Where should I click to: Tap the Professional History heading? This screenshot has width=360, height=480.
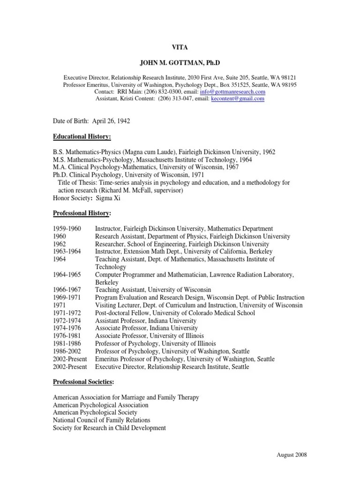82,213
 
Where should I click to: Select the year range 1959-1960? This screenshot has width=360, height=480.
67,228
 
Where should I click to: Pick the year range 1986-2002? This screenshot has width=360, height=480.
67,352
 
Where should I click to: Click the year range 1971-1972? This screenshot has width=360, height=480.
67,313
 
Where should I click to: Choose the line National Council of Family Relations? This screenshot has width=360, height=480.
102,420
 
